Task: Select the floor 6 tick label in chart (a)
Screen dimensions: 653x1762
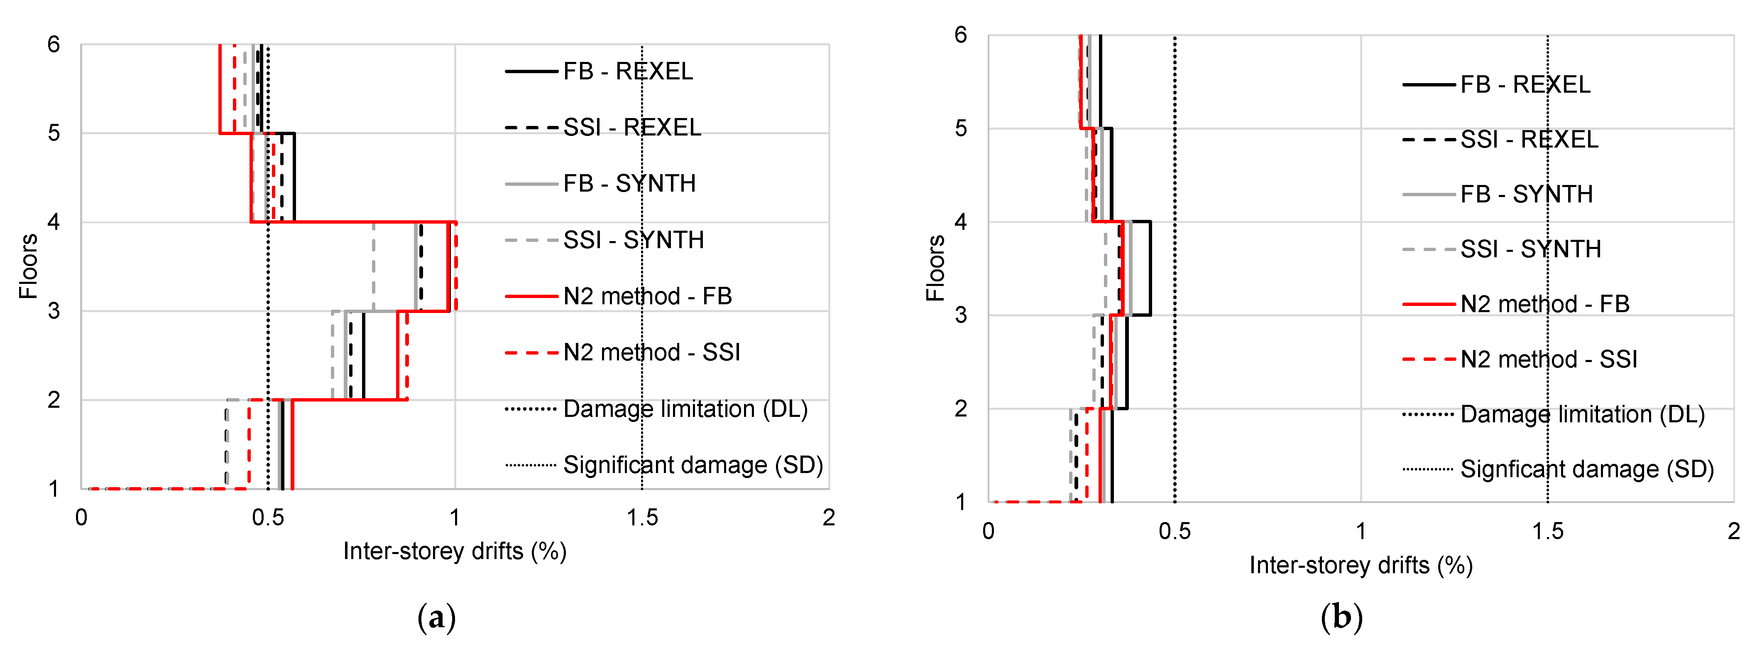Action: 54,45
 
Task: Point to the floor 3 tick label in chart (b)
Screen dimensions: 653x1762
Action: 960,315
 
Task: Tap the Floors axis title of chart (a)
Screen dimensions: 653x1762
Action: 28,266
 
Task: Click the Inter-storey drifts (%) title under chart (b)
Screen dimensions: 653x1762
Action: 1361,565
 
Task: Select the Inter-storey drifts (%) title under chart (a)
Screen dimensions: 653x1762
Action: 455,552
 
